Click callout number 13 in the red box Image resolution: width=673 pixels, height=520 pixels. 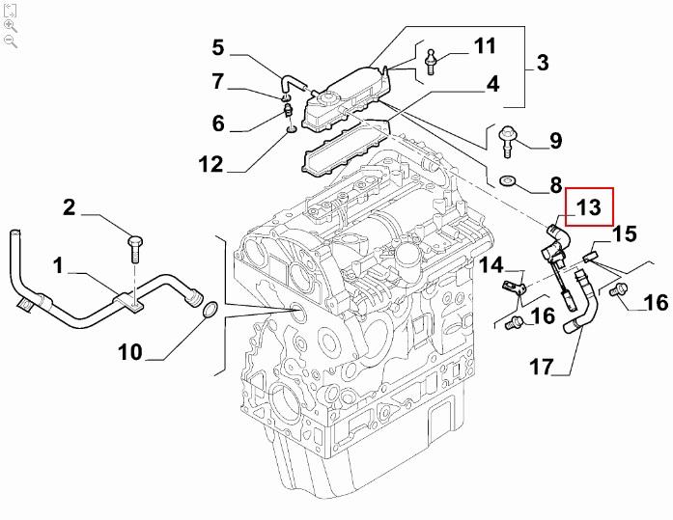click(x=589, y=207)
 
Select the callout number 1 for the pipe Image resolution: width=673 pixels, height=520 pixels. click(x=59, y=262)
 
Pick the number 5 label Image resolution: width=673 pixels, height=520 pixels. click(x=217, y=46)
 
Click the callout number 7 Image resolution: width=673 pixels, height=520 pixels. click(x=217, y=81)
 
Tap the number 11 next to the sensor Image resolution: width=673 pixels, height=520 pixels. click(x=484, y=45)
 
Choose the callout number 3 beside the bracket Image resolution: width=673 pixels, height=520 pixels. click(x=542, y=64)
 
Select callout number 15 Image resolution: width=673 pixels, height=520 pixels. click(x=624, y=233)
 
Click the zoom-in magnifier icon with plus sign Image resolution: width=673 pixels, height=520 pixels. click(x=11, y=25)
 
